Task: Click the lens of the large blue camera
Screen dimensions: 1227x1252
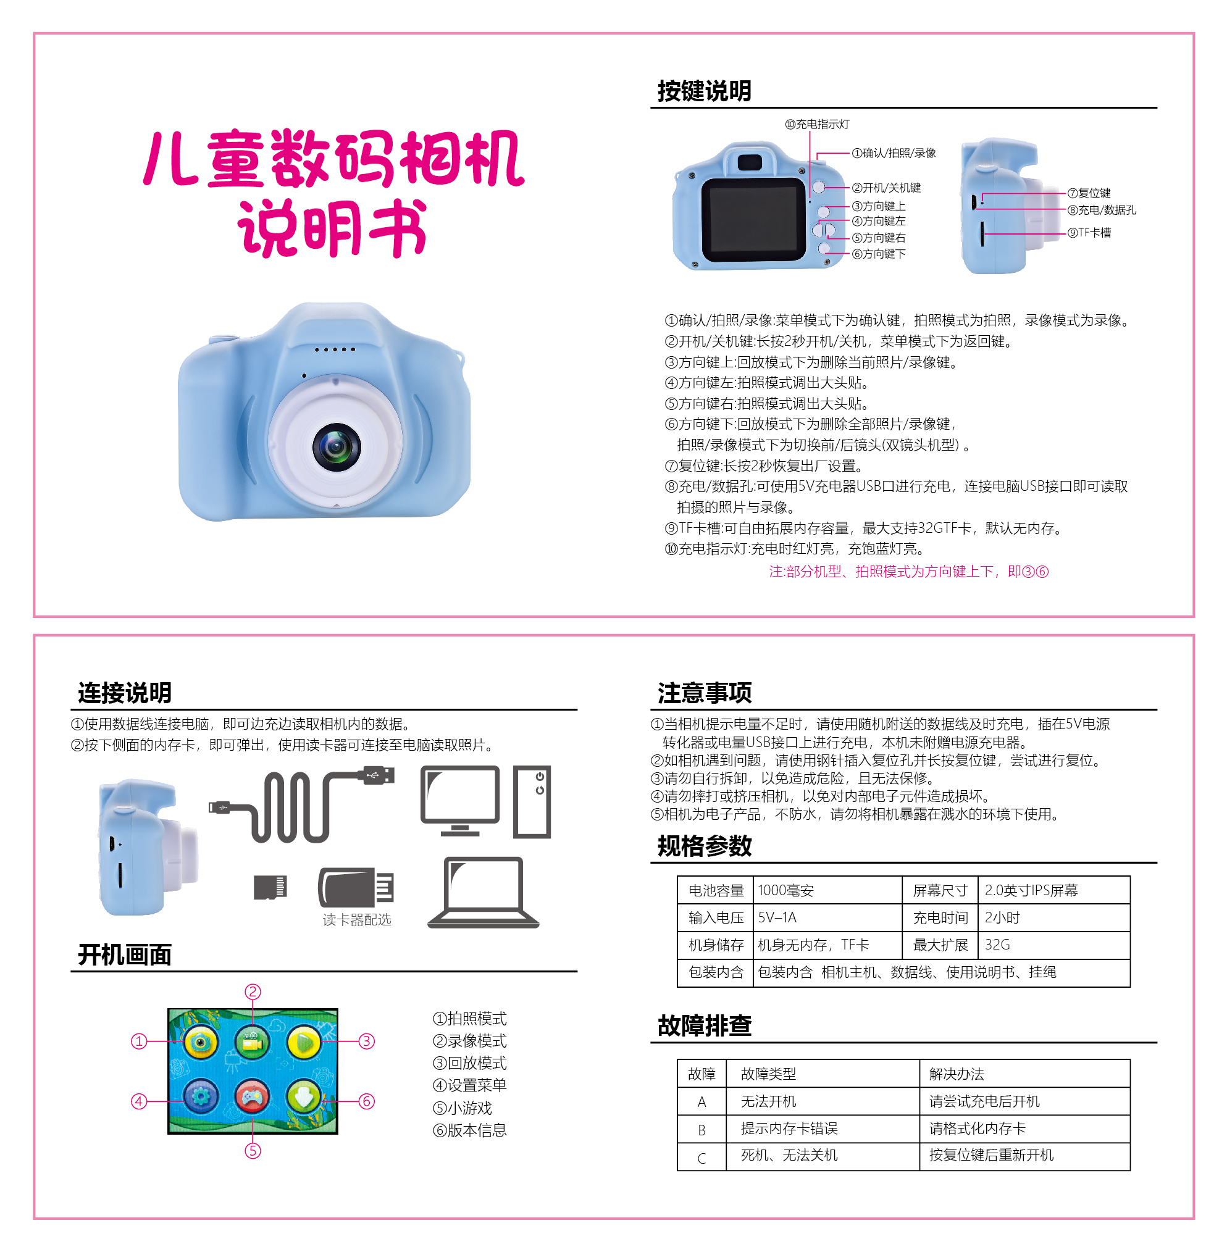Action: point(336,446)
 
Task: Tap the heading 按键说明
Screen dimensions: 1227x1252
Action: point(705,91)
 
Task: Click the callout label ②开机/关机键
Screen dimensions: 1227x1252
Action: point(886,188)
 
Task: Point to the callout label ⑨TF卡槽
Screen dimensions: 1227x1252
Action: point(1089,233)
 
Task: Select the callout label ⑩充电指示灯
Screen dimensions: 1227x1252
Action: point(817,124)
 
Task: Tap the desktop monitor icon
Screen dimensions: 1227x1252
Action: point(459,801)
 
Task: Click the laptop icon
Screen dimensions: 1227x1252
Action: point(484,893)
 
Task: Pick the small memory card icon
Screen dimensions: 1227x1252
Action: point(270,887)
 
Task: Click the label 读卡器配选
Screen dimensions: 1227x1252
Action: point(357,919)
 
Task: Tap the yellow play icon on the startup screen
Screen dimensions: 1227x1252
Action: point(304,1042)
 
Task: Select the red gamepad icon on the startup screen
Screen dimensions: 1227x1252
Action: point(252,1096)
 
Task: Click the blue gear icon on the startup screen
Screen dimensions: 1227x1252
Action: point(201,1096)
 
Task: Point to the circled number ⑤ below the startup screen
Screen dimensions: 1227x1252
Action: point(253,1150)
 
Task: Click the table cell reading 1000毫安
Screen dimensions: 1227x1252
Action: point(785,890)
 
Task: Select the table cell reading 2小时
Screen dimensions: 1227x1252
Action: point(1002,917)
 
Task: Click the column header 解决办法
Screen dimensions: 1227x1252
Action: point(957,1074)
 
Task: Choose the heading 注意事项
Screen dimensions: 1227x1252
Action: point(705,693)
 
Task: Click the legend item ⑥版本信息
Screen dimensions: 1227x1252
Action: point(470,1130)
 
